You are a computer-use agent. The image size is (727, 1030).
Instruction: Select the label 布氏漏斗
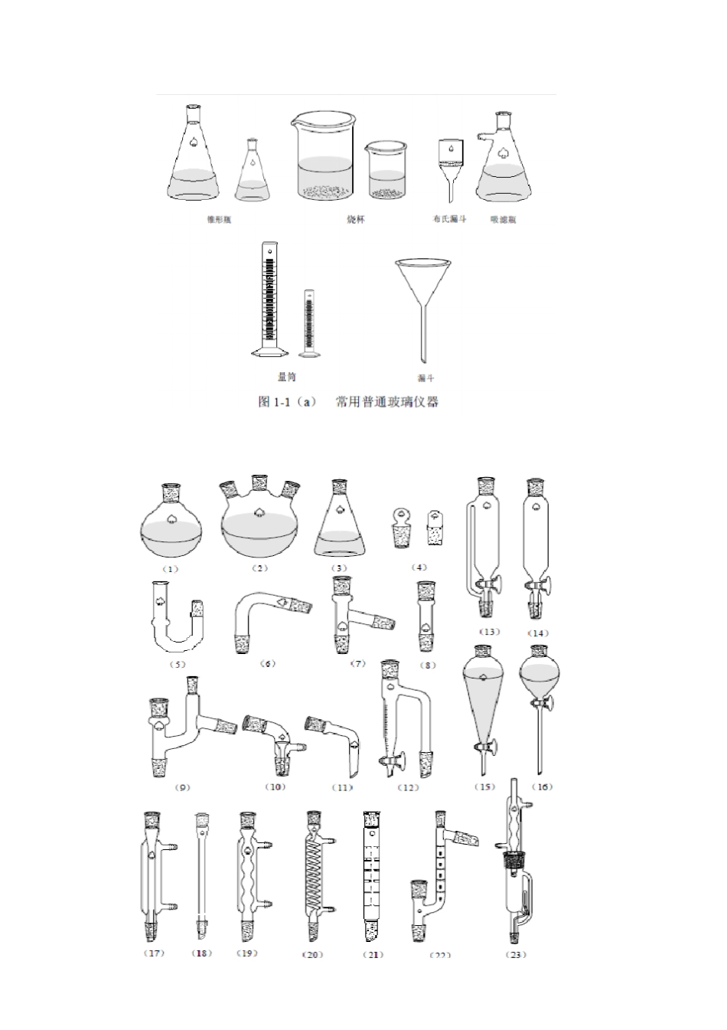coord(449,220)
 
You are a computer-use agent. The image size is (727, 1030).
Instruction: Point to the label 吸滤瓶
coord(503,220)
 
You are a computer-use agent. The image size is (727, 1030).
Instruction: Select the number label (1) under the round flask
coord(170,569)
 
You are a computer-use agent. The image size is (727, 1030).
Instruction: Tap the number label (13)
coord(489,633)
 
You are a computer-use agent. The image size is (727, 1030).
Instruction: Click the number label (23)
coord(517,954)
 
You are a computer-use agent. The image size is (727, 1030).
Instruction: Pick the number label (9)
coord(182,787)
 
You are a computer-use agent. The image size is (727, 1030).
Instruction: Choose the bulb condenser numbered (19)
coord(248,877)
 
